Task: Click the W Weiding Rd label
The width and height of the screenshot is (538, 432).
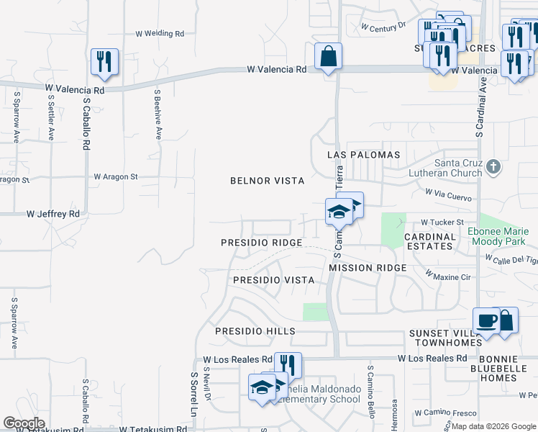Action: pyautogui.click(x=160, y=34)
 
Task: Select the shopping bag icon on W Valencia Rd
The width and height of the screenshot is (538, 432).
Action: pyautogui.click(x=328, y=57)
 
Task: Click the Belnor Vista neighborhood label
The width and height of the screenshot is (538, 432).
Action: pyautogui.click(x=267, y=181)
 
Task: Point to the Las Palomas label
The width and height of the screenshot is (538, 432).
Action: pyautogui.click(x=363, y=155)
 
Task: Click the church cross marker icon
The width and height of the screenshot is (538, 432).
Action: pyautogui.click(x=493, y=168)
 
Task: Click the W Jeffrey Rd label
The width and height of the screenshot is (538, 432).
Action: pyautogui.click(x=53, y=214)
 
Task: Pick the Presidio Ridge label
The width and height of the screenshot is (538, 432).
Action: pyautogui.click(x=261, y=243)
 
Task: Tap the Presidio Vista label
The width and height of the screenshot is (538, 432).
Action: pyautogui.click(x=274, y=279)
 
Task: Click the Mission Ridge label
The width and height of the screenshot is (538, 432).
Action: pyautogui.click(x=368, y=268)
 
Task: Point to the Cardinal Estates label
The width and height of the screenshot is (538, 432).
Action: pyautogui.click(x=430, y=241)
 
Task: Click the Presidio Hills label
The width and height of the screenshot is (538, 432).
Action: pyautogui.click(x=255, y=331)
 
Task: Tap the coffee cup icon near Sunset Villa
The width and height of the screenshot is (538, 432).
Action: pyautogui.click(x=485, y=321)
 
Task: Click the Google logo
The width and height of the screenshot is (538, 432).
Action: pyautogui.click(x=24, y=423)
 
